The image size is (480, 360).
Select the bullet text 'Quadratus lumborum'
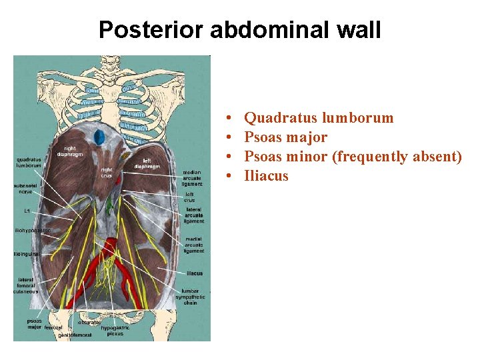click(319, 118)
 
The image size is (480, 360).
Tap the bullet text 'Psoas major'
click(285, 137)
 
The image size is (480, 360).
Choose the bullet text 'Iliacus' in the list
click(266, 176)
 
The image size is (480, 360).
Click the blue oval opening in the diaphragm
click(99, 137)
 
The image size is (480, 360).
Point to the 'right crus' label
click(107, 173)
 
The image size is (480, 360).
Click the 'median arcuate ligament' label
click(192, 178)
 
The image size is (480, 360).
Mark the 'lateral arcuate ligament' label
click(194, 215)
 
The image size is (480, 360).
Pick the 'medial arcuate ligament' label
click(194, 245)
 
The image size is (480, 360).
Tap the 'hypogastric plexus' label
click(111, 331)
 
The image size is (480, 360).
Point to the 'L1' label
click(27, 211)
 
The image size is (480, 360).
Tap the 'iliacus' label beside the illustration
click(195, 273)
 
